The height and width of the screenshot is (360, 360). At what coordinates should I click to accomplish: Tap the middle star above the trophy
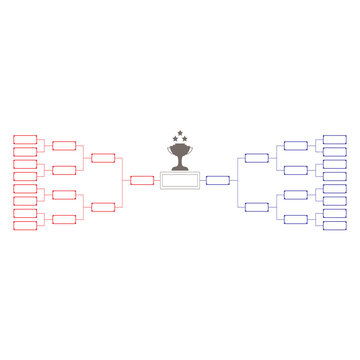(180, 133)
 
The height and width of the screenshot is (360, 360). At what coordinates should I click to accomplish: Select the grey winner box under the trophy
(180, 181)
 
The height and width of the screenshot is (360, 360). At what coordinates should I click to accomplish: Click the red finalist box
(141, 181)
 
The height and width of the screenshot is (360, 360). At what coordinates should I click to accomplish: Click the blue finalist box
(218, 181)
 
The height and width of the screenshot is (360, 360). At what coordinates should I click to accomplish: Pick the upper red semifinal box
(103, 157)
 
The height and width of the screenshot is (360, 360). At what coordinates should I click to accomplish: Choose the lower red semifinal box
(103, 206)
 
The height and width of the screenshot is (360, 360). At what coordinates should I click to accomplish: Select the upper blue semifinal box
(257, 157)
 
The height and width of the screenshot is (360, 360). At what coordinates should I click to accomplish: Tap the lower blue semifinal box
(257, 206)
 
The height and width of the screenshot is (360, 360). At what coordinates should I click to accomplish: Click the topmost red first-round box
(25, 139)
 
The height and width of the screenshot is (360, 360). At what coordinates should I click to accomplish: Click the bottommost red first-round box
(25, 224)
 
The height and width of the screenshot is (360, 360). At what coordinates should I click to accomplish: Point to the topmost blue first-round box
(335, 139)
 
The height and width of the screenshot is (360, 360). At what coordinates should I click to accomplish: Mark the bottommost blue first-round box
(335, 224)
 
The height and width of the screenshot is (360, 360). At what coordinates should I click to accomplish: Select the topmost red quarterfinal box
(64, 145)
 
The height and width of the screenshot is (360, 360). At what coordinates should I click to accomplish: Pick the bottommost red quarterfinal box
(64, 218)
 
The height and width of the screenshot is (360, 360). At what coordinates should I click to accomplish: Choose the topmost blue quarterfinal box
(296, 145)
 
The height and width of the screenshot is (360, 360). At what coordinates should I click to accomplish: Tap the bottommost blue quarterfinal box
(296, 218)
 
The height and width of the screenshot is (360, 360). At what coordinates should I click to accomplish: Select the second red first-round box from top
(25, 151)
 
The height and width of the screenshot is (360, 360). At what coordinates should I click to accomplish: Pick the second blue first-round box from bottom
(335, 212)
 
